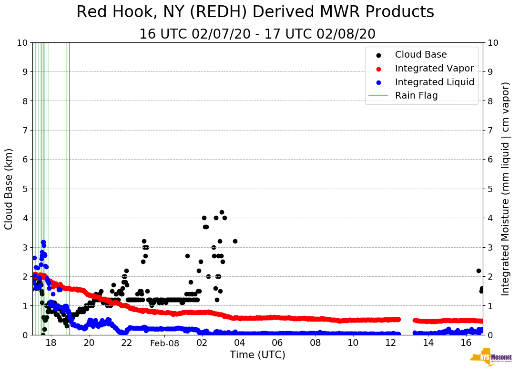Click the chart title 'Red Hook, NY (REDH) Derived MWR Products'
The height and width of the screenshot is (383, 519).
(x=255, y=12)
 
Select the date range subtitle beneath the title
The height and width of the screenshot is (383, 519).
(x=257, y=34)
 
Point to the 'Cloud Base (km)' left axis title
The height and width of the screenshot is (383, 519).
(x=9, y=189)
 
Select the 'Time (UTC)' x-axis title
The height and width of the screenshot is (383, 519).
(x=257, y=355)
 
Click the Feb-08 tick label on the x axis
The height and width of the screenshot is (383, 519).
(x=164, y=343)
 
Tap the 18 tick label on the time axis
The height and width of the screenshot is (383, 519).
(x=51, y=343)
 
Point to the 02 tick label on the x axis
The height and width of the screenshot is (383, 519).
(x=202, y=343)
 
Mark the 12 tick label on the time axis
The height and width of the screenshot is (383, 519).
(x=390, y=343)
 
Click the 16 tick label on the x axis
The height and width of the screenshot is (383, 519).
(x=466, y=343)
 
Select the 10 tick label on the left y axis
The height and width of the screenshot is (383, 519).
(x=22, y=42)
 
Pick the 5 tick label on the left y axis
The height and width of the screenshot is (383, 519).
(x=25, y=189)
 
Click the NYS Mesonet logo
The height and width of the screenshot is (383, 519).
(x=490, y=359)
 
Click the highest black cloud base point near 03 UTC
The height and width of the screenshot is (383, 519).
(x=222, y=212)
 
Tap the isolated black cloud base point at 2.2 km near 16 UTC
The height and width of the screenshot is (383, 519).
(x=478, y=271)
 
